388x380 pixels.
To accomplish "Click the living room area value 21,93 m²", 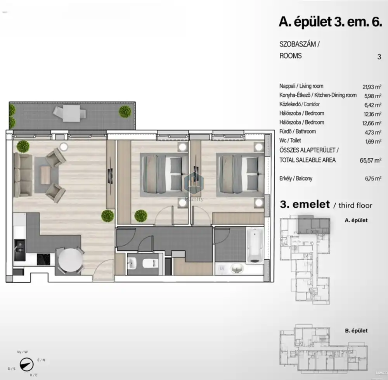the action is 372,87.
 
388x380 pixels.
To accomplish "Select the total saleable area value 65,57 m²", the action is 371,160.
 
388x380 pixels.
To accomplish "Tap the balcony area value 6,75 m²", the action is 373,179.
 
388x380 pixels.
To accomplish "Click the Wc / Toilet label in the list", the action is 290,141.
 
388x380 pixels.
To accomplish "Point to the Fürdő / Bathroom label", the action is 298,132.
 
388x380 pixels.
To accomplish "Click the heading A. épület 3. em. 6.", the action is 330,22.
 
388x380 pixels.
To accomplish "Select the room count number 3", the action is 379,57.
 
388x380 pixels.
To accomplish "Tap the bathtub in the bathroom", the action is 255,245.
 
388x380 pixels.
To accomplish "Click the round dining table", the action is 70,260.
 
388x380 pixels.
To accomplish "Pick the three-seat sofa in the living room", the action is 23,175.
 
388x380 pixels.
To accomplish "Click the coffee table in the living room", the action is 45,175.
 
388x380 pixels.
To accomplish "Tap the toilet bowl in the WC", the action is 150,263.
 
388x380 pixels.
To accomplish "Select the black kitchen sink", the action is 20,250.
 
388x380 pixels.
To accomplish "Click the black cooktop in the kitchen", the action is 43,259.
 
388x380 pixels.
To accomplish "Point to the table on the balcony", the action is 71,113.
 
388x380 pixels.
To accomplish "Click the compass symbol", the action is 26,364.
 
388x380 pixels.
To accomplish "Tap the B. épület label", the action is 356,330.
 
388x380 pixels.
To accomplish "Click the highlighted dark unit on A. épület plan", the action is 314,224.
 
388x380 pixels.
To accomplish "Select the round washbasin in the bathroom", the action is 237,268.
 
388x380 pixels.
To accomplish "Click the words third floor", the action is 355,205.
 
